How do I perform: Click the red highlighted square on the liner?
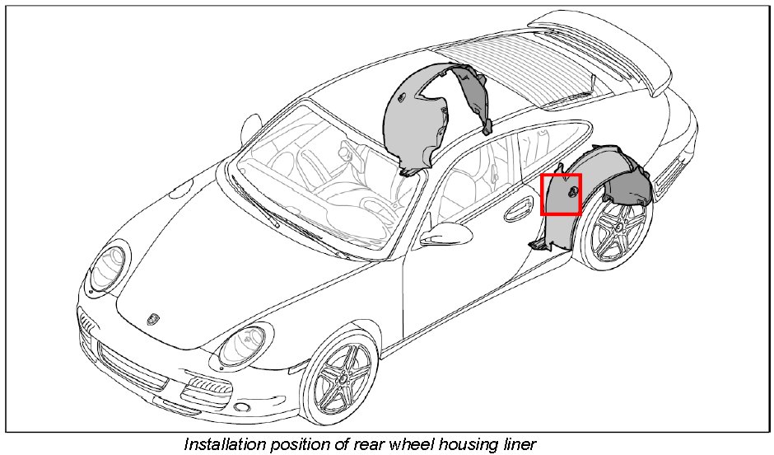pyautogui.click(x=561, y=195)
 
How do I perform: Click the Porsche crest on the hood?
pyautogui.click(x=153, y=317)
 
